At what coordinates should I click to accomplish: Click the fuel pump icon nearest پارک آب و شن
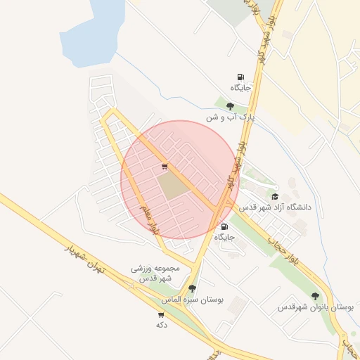click(241, 77)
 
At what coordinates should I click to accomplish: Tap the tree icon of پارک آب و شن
click(230, 106)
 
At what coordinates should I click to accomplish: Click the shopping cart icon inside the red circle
click(165, 167)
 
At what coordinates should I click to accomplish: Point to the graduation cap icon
click(275, 196)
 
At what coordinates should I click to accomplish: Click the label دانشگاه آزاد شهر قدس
click(275, 208)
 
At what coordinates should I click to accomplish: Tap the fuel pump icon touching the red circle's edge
click(224, 226)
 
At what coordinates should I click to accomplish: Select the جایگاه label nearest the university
click(224, 238)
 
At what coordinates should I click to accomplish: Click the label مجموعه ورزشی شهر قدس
click(156, 273)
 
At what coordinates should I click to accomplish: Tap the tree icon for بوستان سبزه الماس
click(192, 288)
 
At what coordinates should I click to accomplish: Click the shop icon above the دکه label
click(162, 315)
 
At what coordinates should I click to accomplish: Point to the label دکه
click(162, 326)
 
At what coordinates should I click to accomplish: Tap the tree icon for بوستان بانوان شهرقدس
click(314, 296)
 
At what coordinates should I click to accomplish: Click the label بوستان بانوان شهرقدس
click(314, 307)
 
